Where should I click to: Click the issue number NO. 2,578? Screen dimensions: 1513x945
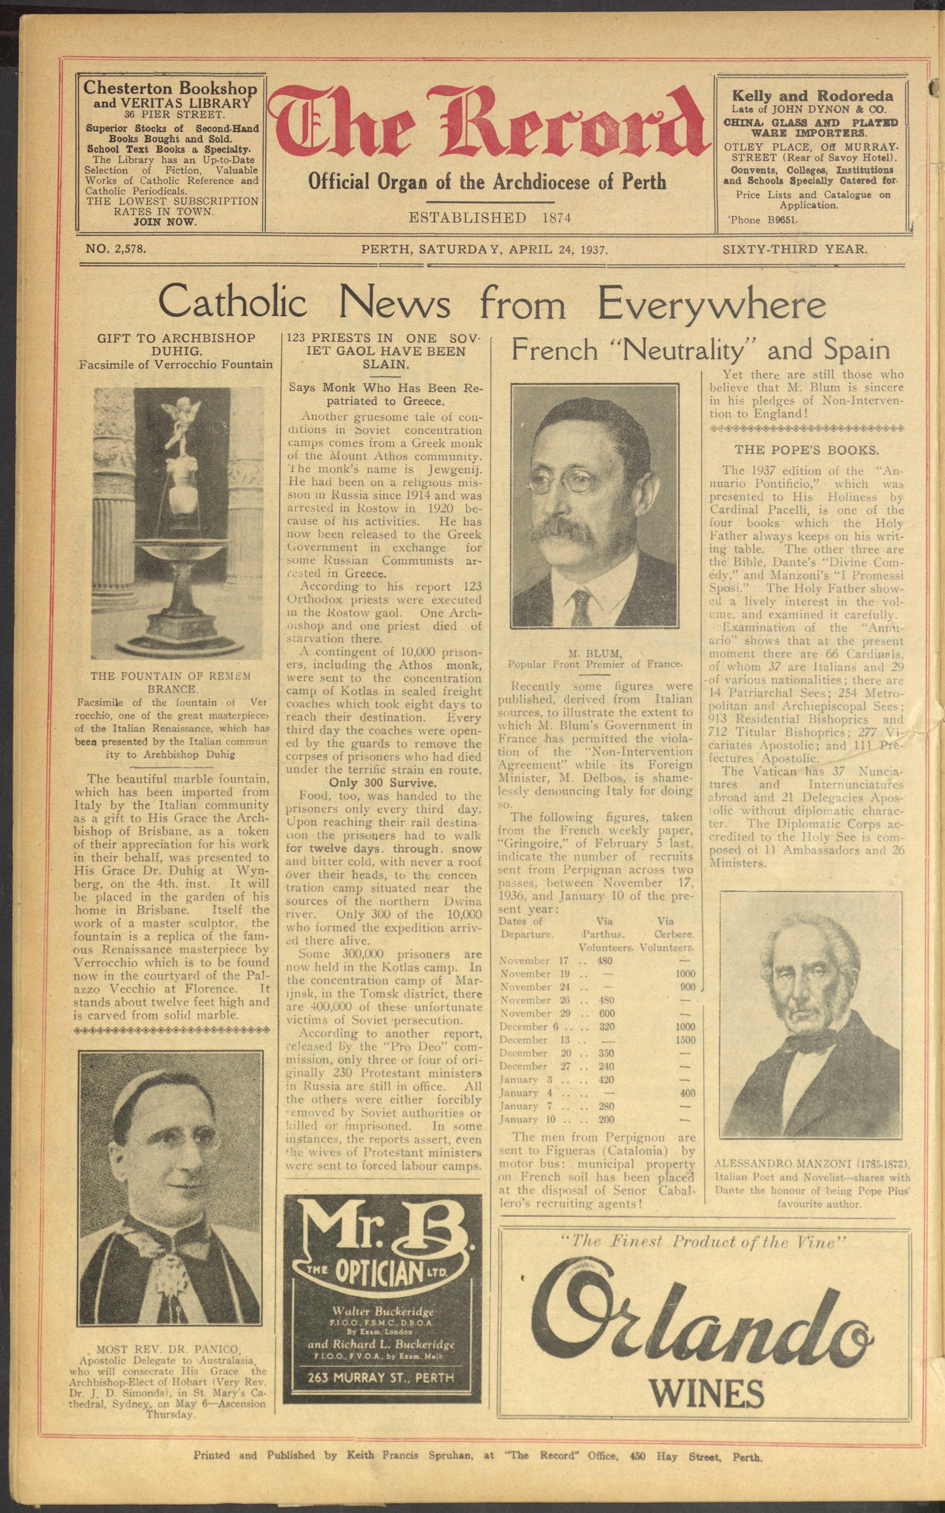pos(116,249)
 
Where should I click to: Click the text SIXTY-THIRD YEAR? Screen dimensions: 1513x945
pos(794,249)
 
